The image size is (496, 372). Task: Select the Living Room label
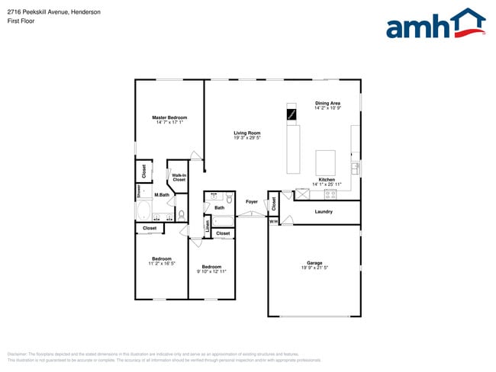click(247, 133)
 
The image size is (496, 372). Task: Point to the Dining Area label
click(327, 103)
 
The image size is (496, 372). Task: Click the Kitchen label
click(327, 180)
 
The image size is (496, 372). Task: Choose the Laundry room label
click(324, 211)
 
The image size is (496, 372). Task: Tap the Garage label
click(314, 263)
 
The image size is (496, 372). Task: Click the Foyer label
click(252, 202)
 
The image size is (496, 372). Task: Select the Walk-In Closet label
click(179, 178)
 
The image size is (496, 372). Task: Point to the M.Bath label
click(161, 195)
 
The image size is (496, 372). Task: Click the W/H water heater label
click(273, 221)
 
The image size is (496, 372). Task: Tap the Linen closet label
click(207, 226)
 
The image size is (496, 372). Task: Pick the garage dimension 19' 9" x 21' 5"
click(314, 268)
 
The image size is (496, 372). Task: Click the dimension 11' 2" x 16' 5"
click(162, 263)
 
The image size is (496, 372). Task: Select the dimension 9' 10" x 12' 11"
click(211, 271)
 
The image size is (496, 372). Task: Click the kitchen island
click(326, 162)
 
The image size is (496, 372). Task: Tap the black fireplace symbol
click(291, 114)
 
